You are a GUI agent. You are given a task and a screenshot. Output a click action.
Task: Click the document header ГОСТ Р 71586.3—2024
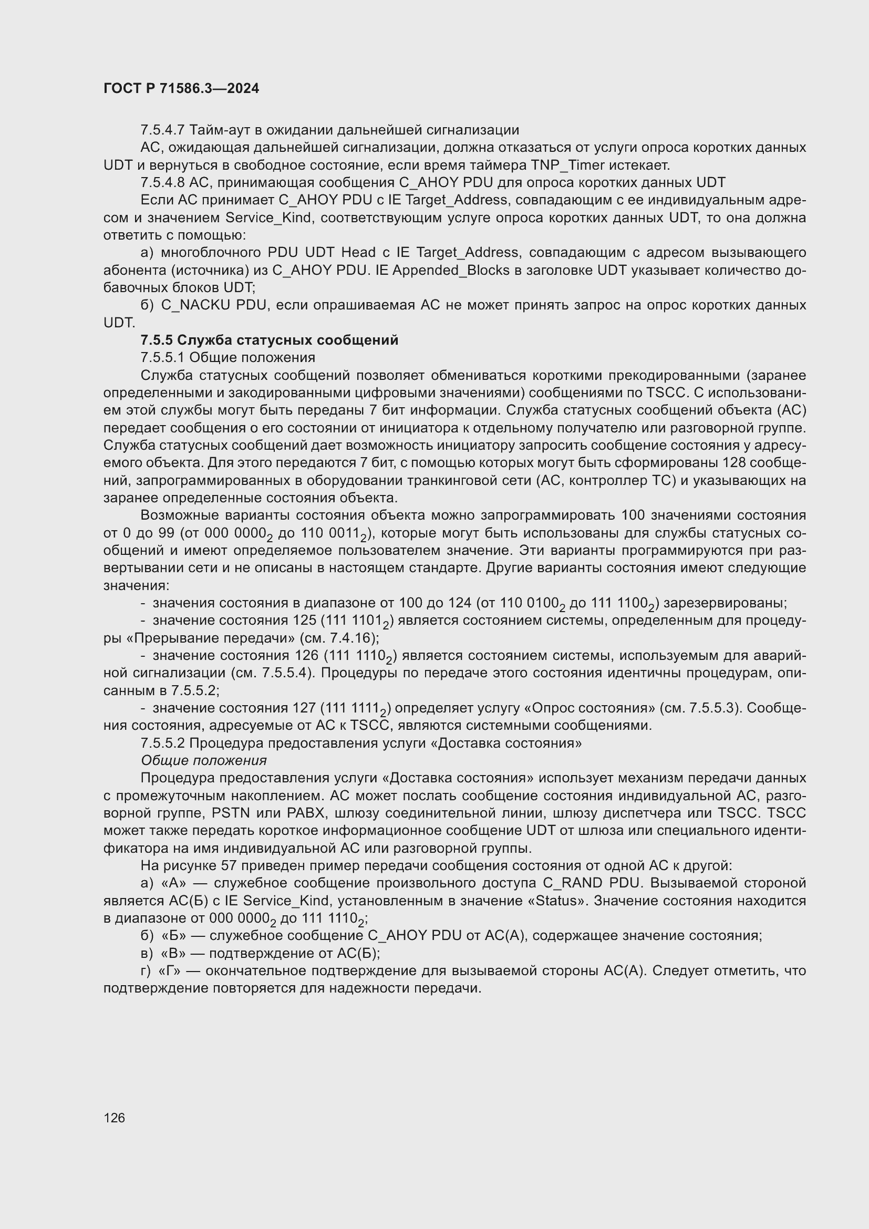(x=181, y=89)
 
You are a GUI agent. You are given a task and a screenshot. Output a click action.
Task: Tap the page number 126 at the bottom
(x=114, y=1118)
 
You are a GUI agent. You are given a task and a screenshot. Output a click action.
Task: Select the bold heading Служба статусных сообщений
(x=287, y=340)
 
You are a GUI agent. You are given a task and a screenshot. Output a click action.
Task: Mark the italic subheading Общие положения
(x=203, y=761)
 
